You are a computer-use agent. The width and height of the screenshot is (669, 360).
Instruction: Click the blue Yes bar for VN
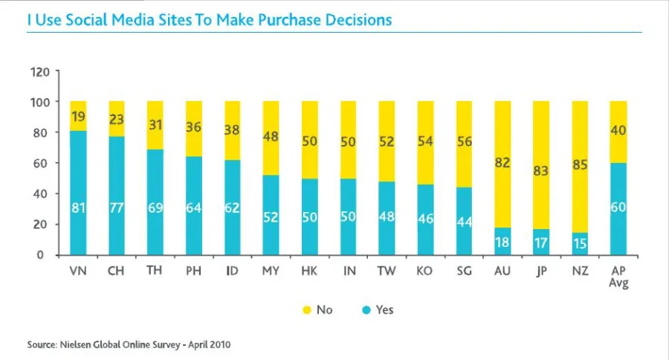point(78,193)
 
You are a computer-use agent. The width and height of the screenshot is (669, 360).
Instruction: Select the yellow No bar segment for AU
point(502,164)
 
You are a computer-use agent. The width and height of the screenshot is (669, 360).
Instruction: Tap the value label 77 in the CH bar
point(117,208)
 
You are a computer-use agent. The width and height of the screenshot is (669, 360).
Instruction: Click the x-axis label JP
point(541,271)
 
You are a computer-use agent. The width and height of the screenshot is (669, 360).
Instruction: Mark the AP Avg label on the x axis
point(618,277)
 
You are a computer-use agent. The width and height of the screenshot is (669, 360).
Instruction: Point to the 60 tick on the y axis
point(42,164)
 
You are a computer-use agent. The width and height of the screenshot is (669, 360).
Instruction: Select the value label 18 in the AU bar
point(502,242)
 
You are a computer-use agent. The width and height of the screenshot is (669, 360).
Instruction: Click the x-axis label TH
point(155,271)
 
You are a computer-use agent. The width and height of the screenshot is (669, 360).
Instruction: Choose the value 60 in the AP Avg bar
point(618,208)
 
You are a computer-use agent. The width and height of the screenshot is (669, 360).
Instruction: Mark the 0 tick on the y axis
point(45,255)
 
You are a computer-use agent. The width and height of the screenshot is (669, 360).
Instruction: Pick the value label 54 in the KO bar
point(425,141)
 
